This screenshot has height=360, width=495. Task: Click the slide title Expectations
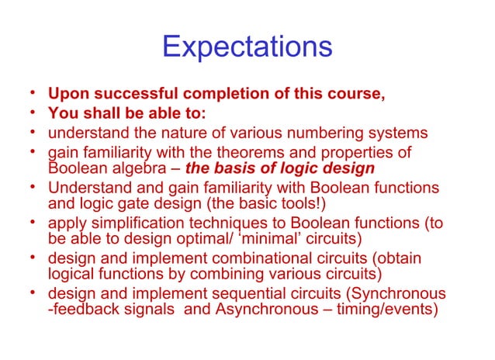(x=247, y=47)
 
